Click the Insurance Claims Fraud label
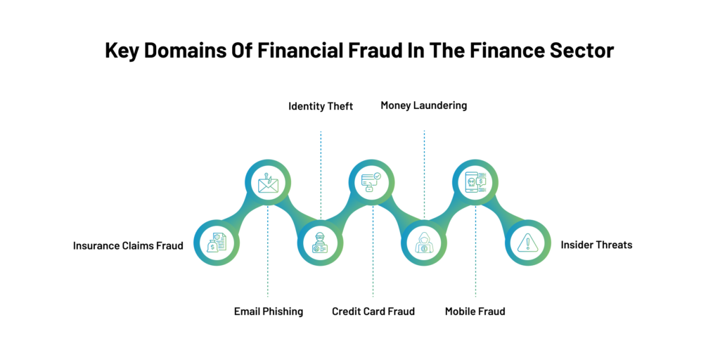pyautogui.click(x=128, y=245)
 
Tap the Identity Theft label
pyautogui.click(x=321, y=107)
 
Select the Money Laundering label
pyautogui.click(x=424, y=105)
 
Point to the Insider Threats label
pyautogui.click(x=596, y=245)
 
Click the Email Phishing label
pyautogui.click(x=269, y=311)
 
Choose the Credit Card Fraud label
pyautogui.click(x=373, y=311)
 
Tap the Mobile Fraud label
pyautogui.click(x=475, y=311)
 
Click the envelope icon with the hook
pyautogui.click(x=268, y=182)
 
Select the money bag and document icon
pyautogui.click(x=217, y=243)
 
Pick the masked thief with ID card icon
pyautogui.click(x=320, y=243)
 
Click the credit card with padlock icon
pyautogui.click(x=371, y=182)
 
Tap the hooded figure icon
pyautogui.click(x=424, y=243)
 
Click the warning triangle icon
pyautogui.click(x=527, y=243)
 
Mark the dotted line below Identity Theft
pyautogui.click(x=321, y=175)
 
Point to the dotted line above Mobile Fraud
pyautogui.click(x=476, y=251)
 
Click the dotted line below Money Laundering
pyautogui.click(x=424, y=174)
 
